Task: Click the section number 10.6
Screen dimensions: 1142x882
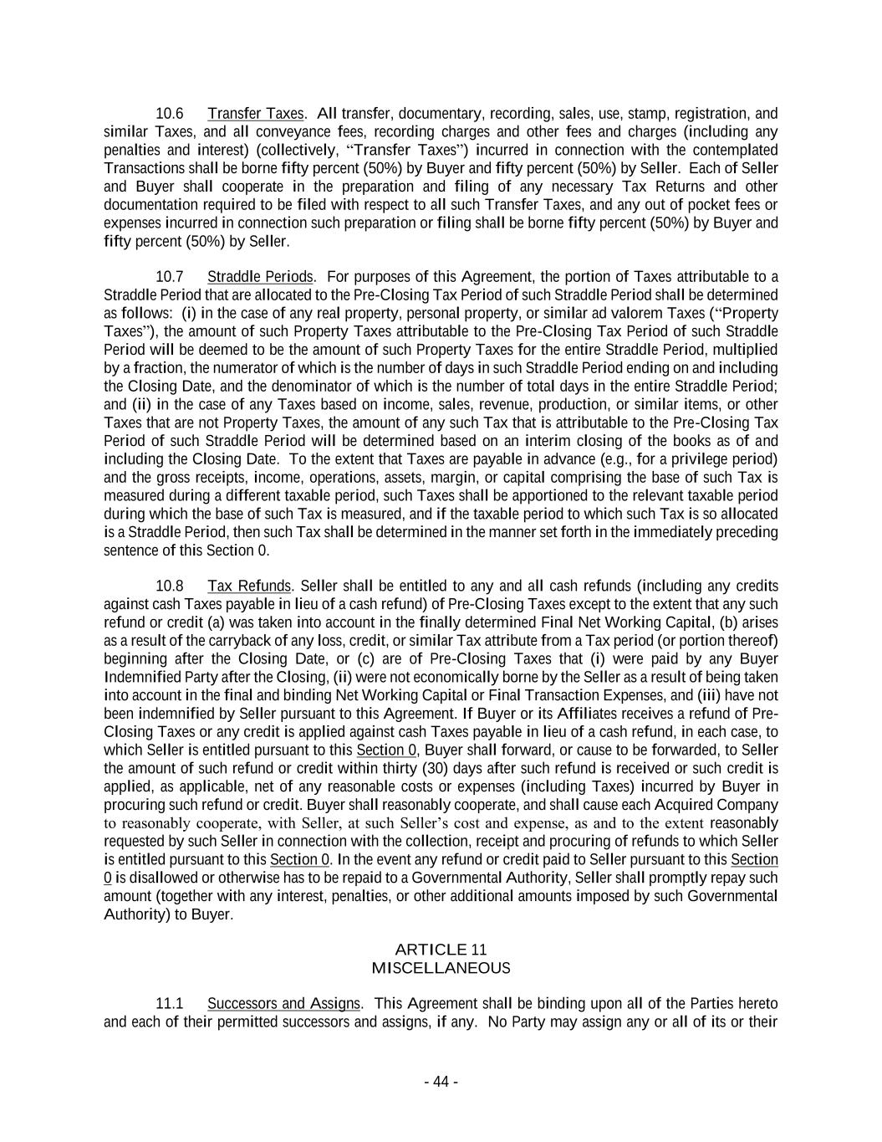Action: coord(170,114)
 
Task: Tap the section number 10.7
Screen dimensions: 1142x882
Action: coord(170,277)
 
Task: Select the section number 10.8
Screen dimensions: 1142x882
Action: coord(170,586)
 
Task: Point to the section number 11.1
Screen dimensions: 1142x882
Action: coord(170,1003)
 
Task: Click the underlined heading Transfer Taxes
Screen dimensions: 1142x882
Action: coord(256,114)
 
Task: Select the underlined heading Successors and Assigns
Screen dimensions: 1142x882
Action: coord(284,1003)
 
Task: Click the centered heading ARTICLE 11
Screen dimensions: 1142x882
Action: coord(441,950)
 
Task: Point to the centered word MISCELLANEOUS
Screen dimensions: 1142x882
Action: coord(441,968)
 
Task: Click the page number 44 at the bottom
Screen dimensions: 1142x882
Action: coord(441,1082)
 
